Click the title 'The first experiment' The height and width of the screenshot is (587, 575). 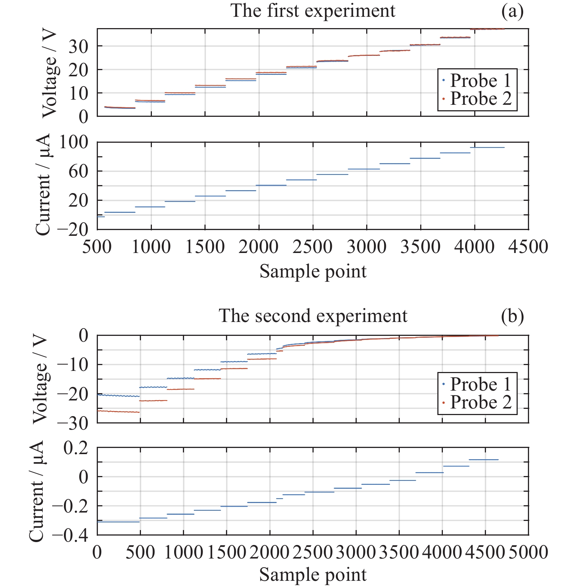point(313,11)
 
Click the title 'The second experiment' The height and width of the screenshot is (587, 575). point(313,316)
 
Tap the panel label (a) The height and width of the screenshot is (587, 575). point(512,11)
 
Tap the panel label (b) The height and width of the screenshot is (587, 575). point(512,316)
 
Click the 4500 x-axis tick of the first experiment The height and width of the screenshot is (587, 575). point(528,247)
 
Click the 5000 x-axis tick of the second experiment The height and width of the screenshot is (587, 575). point(528,552)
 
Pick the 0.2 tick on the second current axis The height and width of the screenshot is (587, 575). point(76,448)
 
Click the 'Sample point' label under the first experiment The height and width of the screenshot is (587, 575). point(313,272)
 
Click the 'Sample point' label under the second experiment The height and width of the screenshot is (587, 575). point(313,575)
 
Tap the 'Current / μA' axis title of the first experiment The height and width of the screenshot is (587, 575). point(43,185)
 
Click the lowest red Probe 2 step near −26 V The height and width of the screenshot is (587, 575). point(118,412)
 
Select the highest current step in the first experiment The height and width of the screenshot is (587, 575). point(487,147)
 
